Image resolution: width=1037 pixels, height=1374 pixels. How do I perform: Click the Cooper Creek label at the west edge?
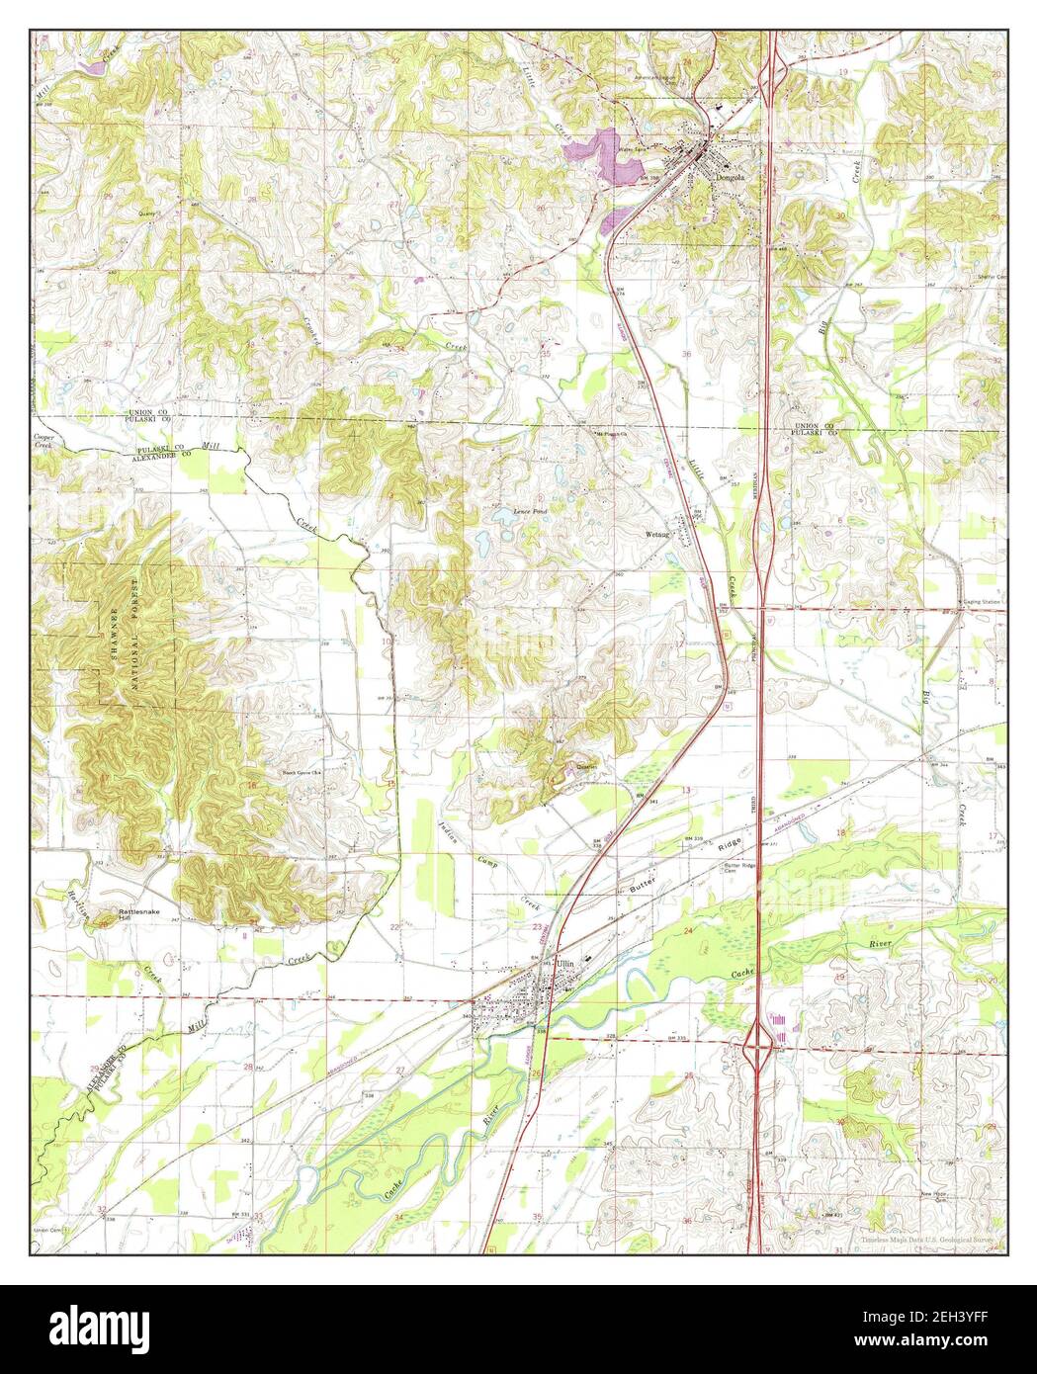coord(43,441)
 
